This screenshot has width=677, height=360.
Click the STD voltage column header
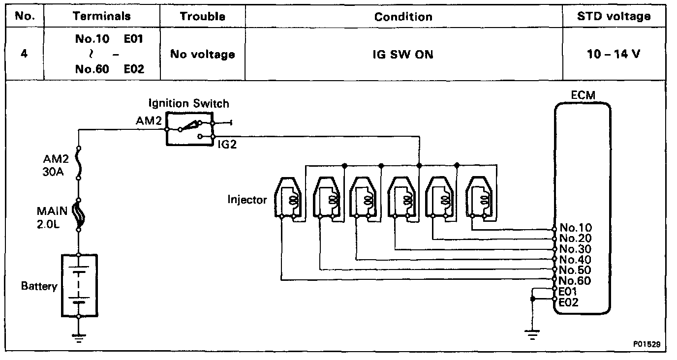click(x=614, y=16)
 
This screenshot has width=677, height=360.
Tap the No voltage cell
click(x=202, y=54)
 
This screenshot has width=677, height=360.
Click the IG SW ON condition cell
click(x=403, y=54)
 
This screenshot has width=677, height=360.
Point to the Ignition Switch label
click(x=188, y=103)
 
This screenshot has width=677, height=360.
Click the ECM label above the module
click(x=583, y=95)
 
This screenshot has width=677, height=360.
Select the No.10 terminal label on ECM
click(x=576, y=228)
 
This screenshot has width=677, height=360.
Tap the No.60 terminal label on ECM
click(x=576, y=281)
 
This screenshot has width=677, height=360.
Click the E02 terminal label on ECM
click(x=569, y=302)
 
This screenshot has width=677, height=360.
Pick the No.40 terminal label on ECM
click(x=576, y=260)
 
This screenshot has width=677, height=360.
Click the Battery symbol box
click(x=78, y=286)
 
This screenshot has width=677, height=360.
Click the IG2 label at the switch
click(x=227, y=145)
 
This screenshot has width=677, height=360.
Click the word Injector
click(x=247, y=200)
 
